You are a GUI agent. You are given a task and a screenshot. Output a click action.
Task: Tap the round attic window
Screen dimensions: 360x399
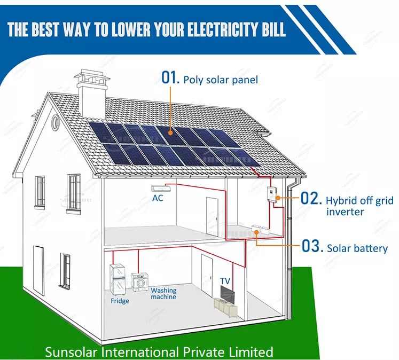56,122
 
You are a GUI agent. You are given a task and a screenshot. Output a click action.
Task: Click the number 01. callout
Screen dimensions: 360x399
170,78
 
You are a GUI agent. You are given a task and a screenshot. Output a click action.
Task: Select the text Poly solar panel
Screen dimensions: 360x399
221,80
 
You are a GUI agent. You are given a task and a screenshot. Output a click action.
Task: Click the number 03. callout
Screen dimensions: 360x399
312,247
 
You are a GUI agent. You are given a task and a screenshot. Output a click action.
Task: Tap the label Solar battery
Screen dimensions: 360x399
357,248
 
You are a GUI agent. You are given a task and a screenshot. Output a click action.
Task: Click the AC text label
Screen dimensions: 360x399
158,198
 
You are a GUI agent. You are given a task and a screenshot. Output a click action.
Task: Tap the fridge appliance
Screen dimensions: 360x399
116,279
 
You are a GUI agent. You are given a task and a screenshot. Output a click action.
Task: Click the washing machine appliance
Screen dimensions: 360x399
139,282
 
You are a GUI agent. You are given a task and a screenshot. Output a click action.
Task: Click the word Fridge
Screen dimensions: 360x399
120,301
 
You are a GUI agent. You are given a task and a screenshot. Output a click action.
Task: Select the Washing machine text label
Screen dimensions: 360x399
163,294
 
